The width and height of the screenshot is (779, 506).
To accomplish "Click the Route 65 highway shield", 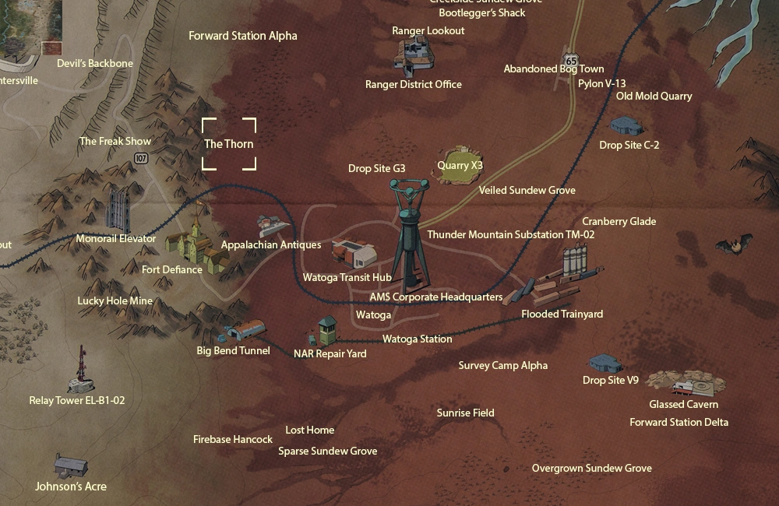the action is pos(572,60).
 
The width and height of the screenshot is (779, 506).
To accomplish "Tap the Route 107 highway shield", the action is pos(140,158).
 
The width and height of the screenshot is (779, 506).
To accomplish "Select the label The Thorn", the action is pos(228,144).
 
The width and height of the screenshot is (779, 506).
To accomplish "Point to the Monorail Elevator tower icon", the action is pos(118,208).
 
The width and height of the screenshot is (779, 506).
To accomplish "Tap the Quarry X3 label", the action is pos(460,166).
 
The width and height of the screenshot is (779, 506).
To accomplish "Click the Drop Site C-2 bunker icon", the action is pos(627,125).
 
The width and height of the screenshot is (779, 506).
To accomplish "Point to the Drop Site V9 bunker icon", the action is pos(605,364).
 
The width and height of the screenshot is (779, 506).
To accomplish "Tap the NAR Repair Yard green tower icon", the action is pos(327,331).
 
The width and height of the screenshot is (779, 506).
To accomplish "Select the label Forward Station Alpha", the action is pos(243,36).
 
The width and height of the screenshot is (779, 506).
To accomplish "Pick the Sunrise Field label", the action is pos(465,413).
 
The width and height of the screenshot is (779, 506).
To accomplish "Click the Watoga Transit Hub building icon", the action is pos(354,253).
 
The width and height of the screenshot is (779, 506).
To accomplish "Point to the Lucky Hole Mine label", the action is pos(115,300).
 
